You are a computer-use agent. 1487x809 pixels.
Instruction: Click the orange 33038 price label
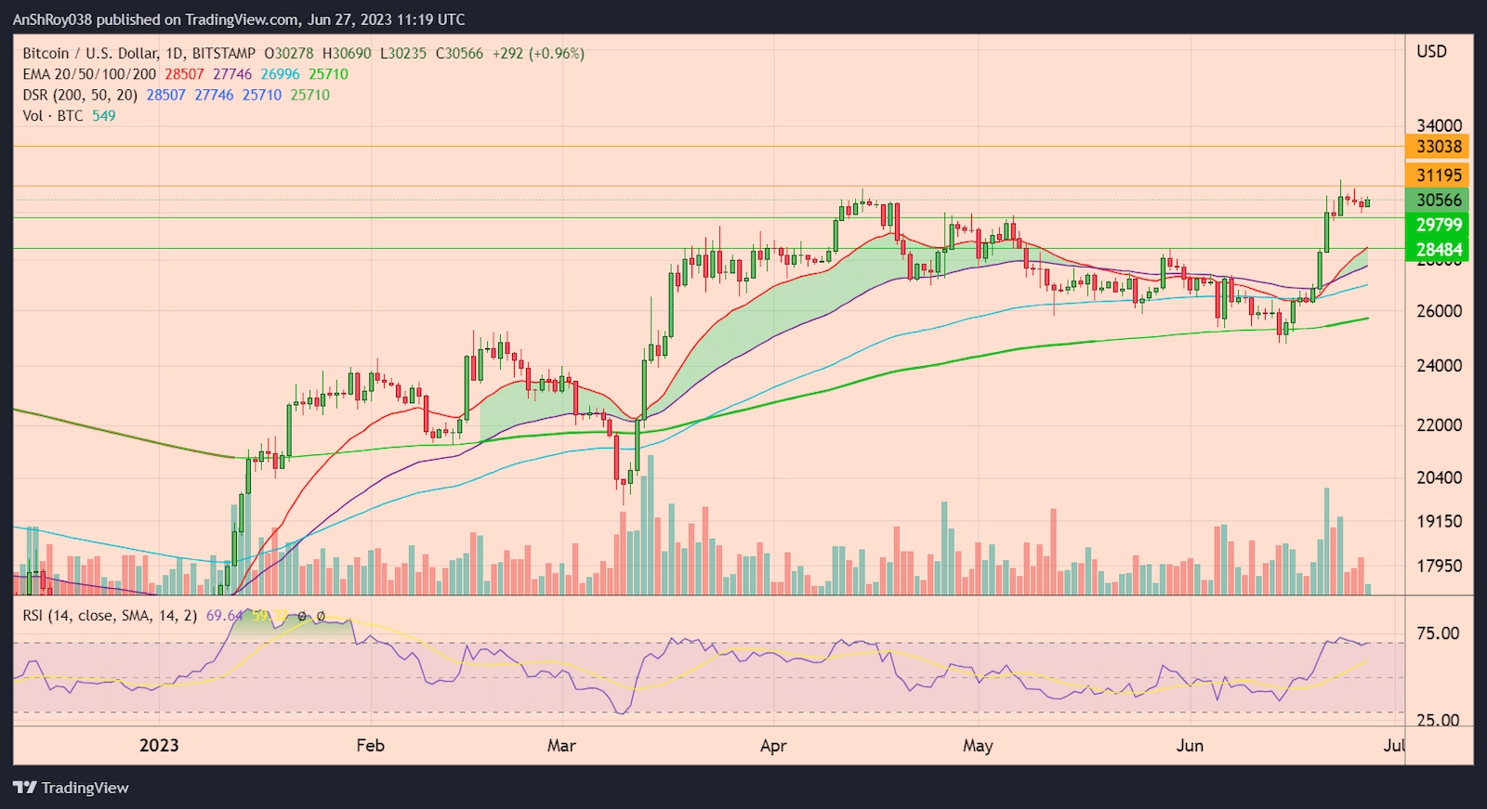click(1439, 147)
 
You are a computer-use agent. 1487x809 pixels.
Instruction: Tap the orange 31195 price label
click(1439, 176)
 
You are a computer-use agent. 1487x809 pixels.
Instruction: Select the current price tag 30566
click(1439, 201)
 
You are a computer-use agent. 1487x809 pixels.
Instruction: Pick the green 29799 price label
click(1439, 225)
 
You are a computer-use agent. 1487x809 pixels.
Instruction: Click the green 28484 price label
click(1439, 250)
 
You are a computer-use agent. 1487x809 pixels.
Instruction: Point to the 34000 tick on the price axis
click(1439, 125)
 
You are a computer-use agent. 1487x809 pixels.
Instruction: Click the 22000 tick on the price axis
click(1439, 425)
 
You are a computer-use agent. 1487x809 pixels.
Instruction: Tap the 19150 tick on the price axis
click(1439, 522)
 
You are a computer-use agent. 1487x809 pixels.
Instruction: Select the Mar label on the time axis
click(561, 746)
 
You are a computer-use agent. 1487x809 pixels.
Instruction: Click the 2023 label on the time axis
click(159, 746)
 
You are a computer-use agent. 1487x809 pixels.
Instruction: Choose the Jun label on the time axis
click(1190, 746)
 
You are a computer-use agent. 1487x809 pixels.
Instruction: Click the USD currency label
click(1431, 52)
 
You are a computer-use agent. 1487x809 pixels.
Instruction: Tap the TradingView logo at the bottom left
click(72, 788)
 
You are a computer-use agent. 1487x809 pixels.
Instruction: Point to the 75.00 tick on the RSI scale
click(1437, 633)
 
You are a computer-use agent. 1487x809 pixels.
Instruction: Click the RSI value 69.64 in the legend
click(224, 616)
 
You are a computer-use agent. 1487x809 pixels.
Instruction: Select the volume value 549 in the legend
click(103, 116)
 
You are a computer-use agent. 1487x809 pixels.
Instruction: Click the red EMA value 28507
click(184, 74)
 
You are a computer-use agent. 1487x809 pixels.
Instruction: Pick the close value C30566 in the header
click(459, 54)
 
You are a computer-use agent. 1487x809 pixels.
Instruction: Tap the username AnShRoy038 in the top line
click(52, 20)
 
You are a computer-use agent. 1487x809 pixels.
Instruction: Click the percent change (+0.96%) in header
click(557, 54)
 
